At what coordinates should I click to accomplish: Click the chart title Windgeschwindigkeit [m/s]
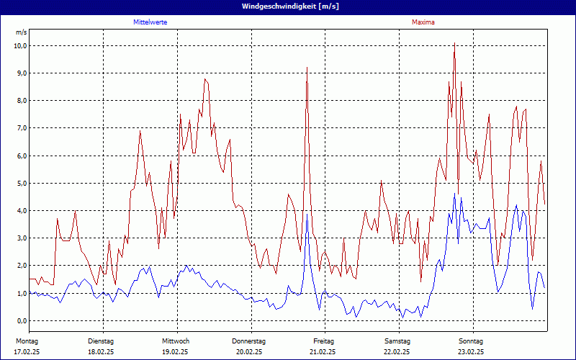(288, 6)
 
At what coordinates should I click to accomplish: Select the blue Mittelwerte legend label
(150, 22)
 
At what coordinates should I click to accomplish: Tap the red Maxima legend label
(423, 22)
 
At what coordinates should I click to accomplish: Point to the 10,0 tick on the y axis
(20, 45)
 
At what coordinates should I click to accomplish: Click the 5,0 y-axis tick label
(22, 183)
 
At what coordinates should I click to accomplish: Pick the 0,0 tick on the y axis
(22, 320)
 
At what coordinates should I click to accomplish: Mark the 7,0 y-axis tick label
(22, 128)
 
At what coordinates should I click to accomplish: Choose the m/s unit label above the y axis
(21, 33)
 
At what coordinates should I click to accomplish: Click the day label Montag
(26, 341)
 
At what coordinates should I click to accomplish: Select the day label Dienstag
(101, 341)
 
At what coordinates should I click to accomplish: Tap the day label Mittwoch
(175, 341)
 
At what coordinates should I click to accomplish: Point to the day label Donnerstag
(249, 341)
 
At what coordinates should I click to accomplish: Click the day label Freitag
(323, 341)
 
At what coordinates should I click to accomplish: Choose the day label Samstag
(397, 341)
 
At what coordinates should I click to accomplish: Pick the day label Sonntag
(471, 341)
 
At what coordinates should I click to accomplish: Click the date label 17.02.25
(27, 352)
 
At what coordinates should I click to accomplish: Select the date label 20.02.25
(249, 352)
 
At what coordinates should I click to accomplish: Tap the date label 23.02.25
(471, 352)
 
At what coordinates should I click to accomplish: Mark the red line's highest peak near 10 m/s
(454, 45)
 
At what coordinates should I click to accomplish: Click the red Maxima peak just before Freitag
(307, 68)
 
